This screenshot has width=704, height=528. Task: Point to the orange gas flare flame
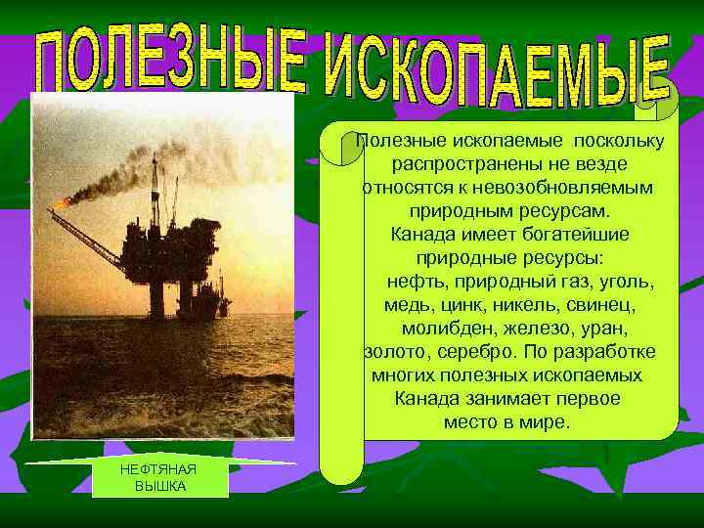coord(63,202)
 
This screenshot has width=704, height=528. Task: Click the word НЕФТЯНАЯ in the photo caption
coord(158,470)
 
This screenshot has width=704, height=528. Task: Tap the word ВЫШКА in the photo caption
coord(159,486)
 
